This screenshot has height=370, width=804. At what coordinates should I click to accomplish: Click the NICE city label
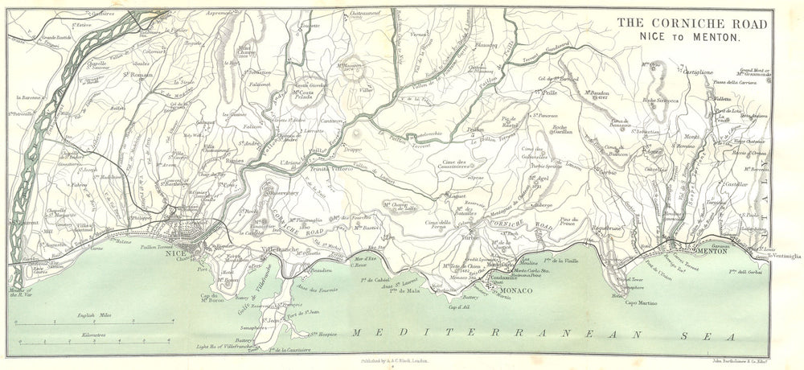pos(170,250)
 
